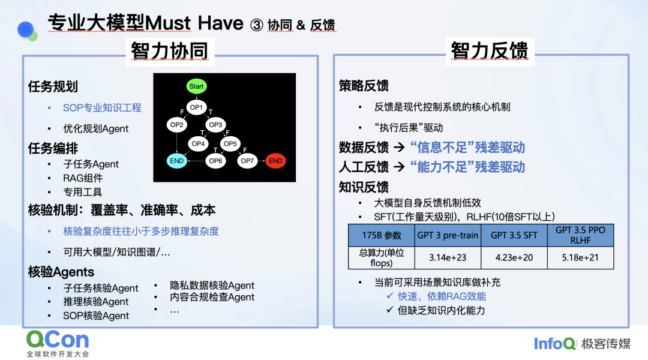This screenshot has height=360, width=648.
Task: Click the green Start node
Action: [x=196, y=86]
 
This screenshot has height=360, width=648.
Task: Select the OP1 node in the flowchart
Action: [x=196, y=107]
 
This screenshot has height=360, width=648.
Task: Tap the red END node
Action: [x=275, y=161]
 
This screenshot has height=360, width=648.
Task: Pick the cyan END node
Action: [x=176, y=161]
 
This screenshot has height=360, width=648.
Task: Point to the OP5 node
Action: [x=230, y=144]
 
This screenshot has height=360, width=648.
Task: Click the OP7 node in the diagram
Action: [x=247, y=161]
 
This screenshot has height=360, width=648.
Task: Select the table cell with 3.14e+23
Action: [x=448, y=258]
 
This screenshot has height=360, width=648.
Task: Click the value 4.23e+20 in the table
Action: [x=514, y=258]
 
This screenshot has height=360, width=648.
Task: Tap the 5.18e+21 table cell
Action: [x=580, y=258]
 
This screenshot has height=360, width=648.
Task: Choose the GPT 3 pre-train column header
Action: [x=448, y=236]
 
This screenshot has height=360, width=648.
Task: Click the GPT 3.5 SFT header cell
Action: [x=514, y=236]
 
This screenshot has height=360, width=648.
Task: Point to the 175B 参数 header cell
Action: [x=382, y=236]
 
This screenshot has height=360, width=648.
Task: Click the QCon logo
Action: [x=58, y=343]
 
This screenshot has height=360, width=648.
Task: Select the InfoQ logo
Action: [x=554, y=343]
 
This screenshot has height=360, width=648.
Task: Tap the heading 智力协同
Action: [x=169, y=51]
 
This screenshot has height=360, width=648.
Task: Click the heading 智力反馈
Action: [x=490, y=51]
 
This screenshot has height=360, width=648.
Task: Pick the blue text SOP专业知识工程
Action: [x=102, y=108]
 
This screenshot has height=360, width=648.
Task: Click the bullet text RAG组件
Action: [x=83, y=178]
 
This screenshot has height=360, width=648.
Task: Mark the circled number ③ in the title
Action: [x=257, y=25]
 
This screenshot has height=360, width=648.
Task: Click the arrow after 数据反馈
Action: [x=399, y=147]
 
